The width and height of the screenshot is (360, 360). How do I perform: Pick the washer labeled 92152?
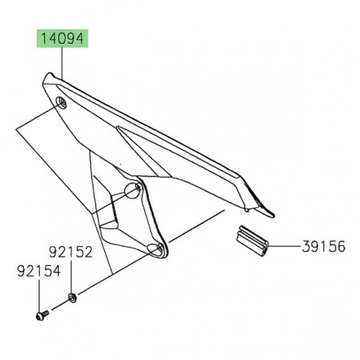point(72,299)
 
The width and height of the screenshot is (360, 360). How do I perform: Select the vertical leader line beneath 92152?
point(72,279)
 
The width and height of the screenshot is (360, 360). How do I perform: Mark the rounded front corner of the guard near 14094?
point(47,80)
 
